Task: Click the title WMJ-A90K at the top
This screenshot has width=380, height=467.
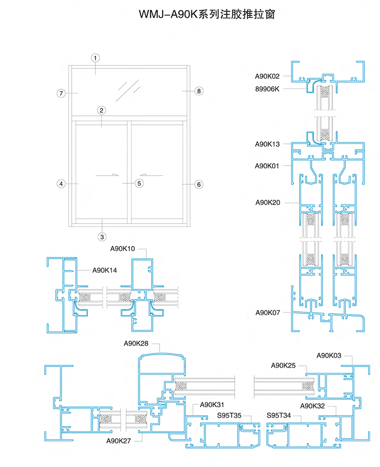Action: [169, 14]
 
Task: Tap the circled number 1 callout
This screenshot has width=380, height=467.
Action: [95, 58]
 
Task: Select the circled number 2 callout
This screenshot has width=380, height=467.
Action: [101, 111]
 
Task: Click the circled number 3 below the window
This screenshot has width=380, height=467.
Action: [102, 237]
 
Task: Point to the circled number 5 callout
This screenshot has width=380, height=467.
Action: [139, 183]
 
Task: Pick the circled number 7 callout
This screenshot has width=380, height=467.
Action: [61, 93]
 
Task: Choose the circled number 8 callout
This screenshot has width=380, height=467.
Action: [199, 91]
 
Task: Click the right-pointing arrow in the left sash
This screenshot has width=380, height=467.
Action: [107, 175]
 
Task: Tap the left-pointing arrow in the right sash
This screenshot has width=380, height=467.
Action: [152, 175]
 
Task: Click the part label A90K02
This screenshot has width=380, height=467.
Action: [267, 76]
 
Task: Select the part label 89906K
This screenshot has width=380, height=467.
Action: [267, 89]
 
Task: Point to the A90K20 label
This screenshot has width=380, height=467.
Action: [267, 203]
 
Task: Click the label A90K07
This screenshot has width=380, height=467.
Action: [267, 313]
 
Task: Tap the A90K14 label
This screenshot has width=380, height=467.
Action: [104, 271]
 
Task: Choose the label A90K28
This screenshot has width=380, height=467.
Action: [136, 344]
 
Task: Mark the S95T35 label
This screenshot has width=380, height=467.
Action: [229, 415]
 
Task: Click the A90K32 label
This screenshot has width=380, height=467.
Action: [312, 406]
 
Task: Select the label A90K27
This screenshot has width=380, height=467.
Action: [118, 441]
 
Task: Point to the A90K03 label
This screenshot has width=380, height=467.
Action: [328, 355]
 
